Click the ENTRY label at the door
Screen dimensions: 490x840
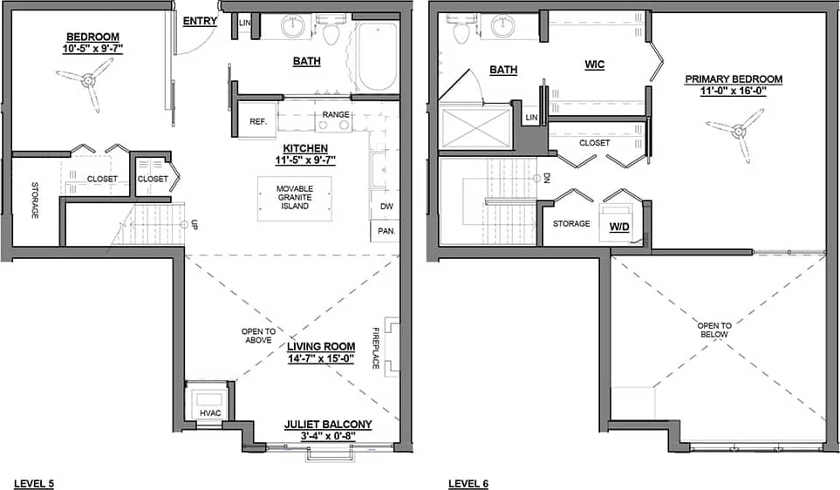(200, 22)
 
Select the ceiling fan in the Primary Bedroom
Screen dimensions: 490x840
(737, 133)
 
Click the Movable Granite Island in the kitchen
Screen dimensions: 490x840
(294, 198)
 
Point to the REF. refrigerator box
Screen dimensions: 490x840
(257, 121)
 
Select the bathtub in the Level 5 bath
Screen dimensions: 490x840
(377, 57)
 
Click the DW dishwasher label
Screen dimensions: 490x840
(385, 208)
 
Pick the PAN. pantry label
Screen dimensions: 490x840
(385, 231)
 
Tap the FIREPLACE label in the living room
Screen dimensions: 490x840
(377, 348)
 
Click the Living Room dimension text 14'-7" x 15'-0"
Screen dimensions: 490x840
(322, 357)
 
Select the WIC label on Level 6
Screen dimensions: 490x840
(595, 65)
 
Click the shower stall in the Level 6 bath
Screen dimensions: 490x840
(475, 127)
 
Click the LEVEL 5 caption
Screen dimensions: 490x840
(34, 483)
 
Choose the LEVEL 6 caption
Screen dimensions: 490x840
(469, 483)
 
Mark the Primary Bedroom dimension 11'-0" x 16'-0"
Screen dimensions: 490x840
(734, 91)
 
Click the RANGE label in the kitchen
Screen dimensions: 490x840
(336, 115)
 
